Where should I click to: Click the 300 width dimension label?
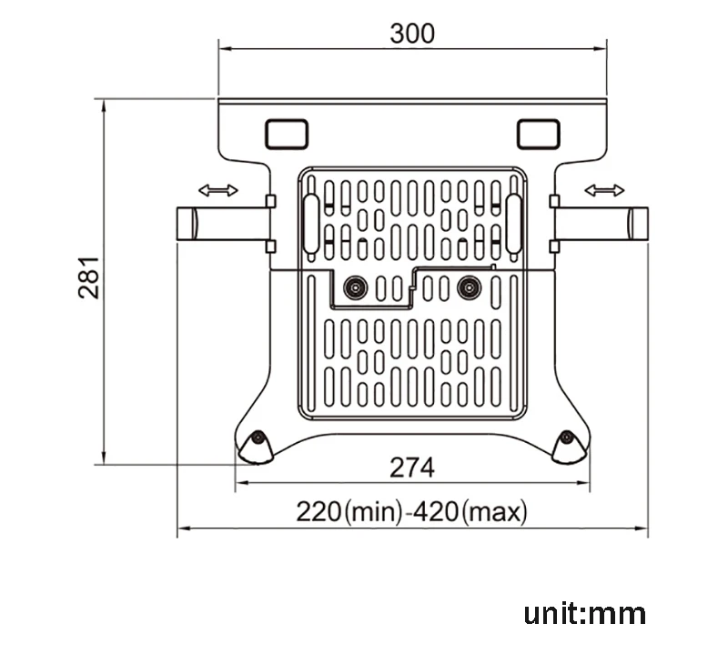click(x=412, y=33)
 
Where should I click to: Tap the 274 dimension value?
click(x=412, y=468)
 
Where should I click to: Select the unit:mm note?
click(x=584, y=613)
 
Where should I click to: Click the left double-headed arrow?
click(x=218, y=190)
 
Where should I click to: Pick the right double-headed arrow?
click(x=604, y=190)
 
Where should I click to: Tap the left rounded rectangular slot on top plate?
click(x=286, y=134)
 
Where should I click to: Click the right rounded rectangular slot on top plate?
click(x=538, y=134)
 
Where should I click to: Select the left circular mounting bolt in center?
click(x=353, y=288)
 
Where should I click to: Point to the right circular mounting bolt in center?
click(x=469, y=288)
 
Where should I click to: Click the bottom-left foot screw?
click(x=258, y=439)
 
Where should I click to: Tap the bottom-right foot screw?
click(x=566, y=439)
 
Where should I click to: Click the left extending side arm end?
click(x=187, y=223)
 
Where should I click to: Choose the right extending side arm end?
click(x=637, y=223)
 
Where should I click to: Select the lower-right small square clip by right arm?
click(x=553, y=245)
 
